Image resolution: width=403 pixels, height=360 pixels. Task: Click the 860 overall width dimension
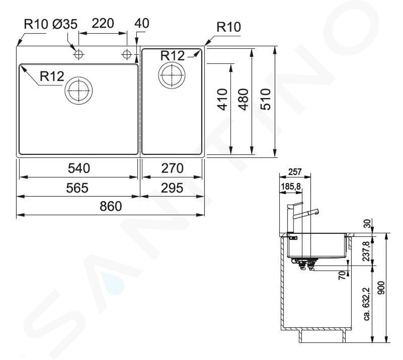click(111, 206)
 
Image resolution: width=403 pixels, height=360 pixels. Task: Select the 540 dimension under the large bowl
click(79, 169)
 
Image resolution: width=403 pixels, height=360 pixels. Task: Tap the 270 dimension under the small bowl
click(172, 169)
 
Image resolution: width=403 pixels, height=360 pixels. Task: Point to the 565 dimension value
click(77, 188)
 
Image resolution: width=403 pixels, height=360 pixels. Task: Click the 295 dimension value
click(172, 188)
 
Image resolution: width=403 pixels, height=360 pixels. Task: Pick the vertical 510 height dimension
click(266, 99)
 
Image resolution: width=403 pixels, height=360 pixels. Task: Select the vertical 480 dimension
click(243, 99)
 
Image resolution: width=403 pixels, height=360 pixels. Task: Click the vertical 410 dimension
click(222, 99)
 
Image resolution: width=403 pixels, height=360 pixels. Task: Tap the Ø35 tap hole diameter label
click(65, 24)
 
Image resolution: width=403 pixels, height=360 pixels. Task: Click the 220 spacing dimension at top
click(103, 23)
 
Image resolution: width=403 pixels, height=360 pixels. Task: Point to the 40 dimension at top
click(141, 23)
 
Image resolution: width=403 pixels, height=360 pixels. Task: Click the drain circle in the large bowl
click(79, 91)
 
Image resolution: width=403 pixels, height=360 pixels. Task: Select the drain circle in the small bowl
click(172, 75)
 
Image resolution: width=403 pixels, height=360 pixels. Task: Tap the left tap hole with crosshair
click(79, 54)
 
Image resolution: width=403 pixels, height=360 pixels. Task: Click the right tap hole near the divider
click(127, 54)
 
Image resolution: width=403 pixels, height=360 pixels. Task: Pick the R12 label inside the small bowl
click(173, 56)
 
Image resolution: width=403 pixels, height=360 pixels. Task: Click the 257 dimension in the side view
click(295, 172)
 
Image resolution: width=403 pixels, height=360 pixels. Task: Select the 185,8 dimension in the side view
click(291, 186)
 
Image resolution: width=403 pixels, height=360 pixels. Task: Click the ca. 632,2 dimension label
click(367, 303)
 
